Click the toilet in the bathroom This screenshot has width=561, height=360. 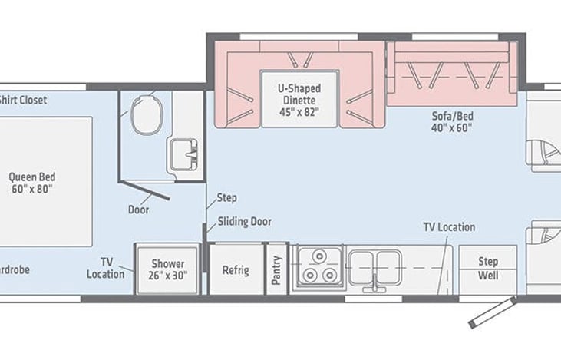(x=144, y=114)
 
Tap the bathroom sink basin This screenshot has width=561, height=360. (x=183, y=153)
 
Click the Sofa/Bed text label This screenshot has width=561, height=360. (x=452, y=122)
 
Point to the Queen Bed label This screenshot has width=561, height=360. (x=32, y=182)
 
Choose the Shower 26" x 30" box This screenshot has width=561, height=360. (x=167, y=269)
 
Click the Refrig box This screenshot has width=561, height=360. (x=235, y=269)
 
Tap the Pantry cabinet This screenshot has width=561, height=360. (x=276, y=269)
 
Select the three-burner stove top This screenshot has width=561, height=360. (x=317, y=268)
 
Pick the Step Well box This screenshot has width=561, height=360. (x=488, y=268)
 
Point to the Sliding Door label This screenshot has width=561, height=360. (x=244, y=222)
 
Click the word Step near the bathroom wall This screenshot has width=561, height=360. (x=226, y=197)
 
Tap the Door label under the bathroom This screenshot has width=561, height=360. (x=139, y=209)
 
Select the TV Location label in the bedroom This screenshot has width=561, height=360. (x=106, y=268)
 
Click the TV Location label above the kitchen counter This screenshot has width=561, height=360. (x=449, y=227)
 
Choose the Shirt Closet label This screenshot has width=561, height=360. (x=23, y=99)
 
